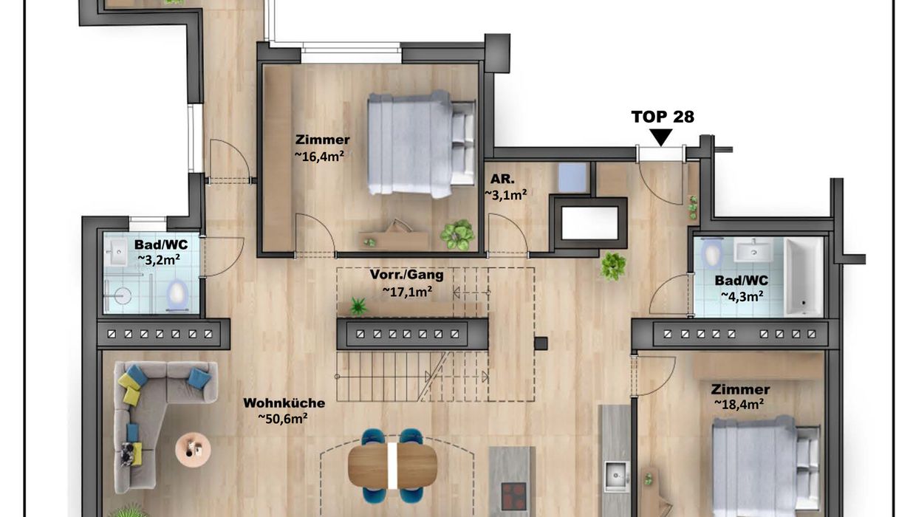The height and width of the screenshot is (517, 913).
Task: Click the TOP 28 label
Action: coord(663,117)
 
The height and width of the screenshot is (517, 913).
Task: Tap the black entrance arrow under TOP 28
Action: coord(660,137)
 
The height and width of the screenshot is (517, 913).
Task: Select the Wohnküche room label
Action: coord(284,403)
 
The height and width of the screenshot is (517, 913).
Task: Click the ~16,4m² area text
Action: coord(318,156)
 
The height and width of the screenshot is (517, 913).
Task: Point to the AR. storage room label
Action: coord(502,179)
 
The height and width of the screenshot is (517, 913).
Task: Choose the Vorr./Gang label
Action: coord(406,274)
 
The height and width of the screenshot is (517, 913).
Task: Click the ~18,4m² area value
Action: coord(739,404)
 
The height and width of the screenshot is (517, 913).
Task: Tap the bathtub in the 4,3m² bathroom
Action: coord(804,277)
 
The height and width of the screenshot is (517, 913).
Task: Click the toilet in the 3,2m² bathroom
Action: coord(177,294)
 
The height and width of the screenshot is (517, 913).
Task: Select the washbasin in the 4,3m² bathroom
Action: coord(753,250)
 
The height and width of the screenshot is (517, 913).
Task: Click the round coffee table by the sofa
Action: coord(193,450)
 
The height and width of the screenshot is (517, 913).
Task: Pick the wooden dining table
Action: coord(392,465)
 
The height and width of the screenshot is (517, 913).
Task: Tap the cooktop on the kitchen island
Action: coord(514,496)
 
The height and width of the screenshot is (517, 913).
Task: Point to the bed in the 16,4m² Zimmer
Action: coord(422,143)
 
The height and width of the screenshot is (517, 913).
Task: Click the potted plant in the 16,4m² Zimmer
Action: coord(457,234)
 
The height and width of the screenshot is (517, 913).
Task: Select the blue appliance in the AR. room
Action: coord(572,178)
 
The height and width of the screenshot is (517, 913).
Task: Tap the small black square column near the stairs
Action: coord(541,343)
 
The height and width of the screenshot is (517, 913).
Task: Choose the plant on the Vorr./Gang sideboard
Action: coord(358,307)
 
